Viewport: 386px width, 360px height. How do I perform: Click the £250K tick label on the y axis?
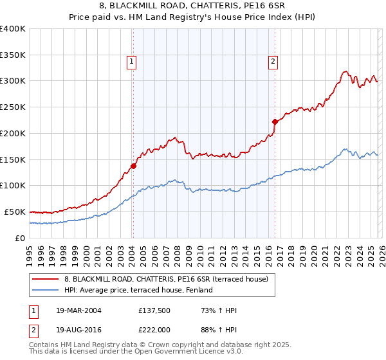13,107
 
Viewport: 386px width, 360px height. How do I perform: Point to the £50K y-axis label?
15,212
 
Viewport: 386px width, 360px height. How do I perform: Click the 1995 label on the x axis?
30,251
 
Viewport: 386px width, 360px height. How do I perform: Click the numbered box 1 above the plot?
131,62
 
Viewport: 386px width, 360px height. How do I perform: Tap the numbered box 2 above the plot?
273,62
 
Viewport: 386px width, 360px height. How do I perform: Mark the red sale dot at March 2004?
133,166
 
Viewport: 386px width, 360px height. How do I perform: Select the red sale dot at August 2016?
275,121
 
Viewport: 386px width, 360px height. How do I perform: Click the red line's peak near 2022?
345,71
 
